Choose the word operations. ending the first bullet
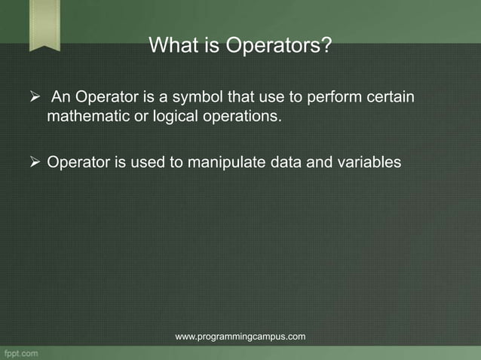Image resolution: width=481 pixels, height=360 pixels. [240, 117]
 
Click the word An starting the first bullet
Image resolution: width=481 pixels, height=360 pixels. [62, 99]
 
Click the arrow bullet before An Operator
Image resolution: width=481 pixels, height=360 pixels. [33, 99]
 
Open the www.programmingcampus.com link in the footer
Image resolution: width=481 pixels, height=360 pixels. [240, 337]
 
